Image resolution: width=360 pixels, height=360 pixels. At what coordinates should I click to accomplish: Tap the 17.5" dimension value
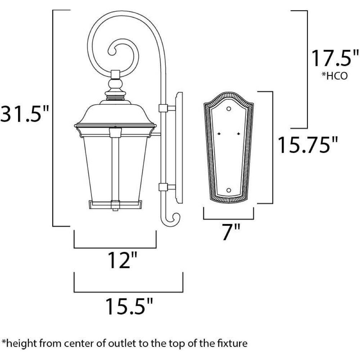pos(334,58)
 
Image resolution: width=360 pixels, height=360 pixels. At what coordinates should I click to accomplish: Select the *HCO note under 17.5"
pos(334,76)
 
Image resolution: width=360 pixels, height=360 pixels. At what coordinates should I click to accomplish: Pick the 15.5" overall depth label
pos(129,306)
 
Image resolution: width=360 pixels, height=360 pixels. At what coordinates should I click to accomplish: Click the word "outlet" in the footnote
pos(123,343)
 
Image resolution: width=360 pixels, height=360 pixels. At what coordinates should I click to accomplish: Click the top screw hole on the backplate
pos(229,109)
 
